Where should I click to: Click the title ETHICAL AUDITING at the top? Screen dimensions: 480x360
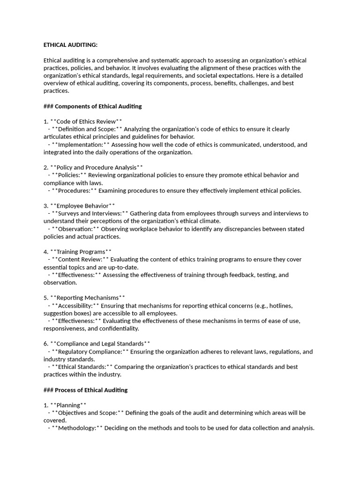point(71,45)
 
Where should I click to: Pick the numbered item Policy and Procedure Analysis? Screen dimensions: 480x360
point(96,167)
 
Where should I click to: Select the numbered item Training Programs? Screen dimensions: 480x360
point(81,252)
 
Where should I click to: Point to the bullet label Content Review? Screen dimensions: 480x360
point(80,259)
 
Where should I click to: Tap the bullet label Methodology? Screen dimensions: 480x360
point(77,428)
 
